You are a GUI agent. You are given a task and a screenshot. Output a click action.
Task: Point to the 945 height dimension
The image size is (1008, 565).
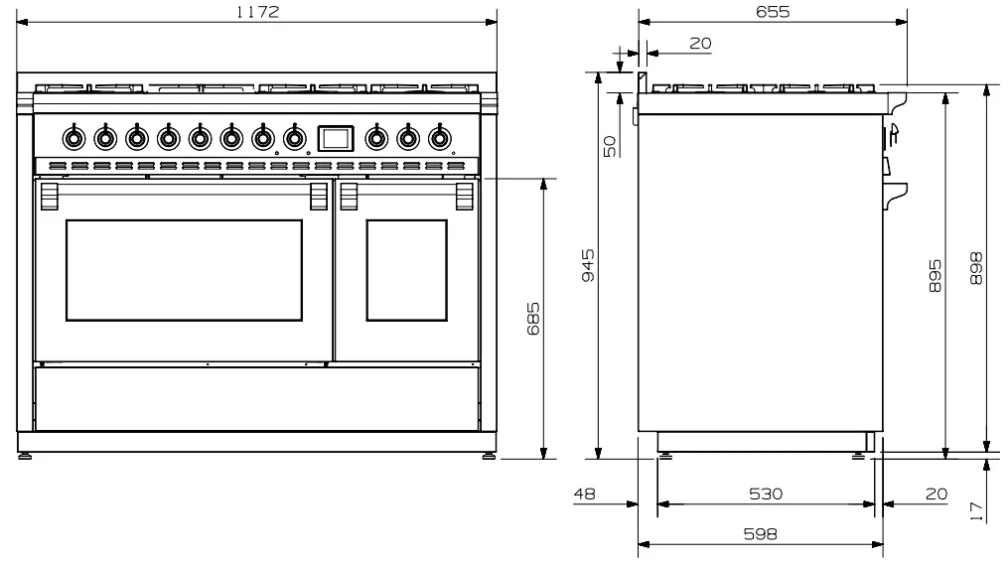pyautogui.click(x=588, y=266)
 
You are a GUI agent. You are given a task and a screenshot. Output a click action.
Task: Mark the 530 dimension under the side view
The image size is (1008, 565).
pyautogui.click(x=766, y=493)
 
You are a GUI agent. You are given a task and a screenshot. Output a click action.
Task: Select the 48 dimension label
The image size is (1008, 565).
pyautogui.click(x=586, y=493)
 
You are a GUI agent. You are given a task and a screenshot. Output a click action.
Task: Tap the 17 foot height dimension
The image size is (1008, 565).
pyautogui.click(x=977, y=510)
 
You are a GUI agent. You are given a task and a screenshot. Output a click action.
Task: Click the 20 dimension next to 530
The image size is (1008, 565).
pyautogui.click(x=936, y=493)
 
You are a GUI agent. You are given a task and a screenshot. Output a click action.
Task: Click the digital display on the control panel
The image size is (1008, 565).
pyautogui.click(x=335, y=138)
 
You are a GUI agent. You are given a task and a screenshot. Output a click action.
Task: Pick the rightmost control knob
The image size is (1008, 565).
pyautogui.click(x=438, y=138)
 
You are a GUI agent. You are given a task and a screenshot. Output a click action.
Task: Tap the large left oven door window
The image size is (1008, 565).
pyautogui.click(x=184, y=270)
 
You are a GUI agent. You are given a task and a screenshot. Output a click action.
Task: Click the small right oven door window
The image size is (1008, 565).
pyautogui.click(x=407, y=270)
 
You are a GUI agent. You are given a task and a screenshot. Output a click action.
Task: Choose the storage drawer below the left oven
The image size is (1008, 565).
pyautogui.click(x=256, y=397)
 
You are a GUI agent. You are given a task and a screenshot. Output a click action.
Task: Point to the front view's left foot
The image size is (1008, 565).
pyautogui.click(x=25, y=456)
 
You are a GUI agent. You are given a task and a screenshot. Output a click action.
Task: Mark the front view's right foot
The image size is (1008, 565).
pyautogui.click(x=489, y=456)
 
